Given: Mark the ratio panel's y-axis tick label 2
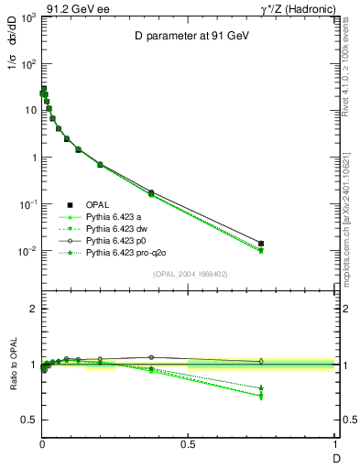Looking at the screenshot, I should pos(33,310).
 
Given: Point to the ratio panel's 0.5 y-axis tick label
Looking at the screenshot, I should pos(29,420).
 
